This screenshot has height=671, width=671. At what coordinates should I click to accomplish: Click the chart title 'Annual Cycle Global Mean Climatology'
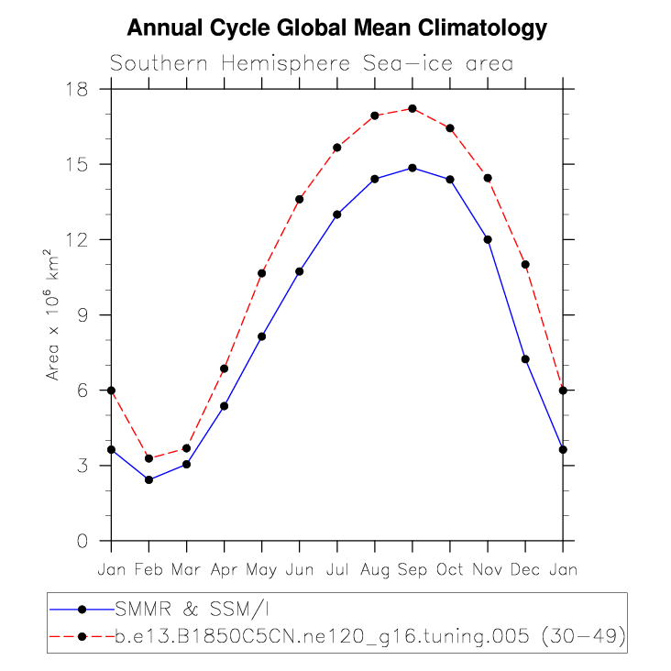[336, 28]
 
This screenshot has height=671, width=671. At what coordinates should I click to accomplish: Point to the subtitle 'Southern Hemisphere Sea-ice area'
[311, 63]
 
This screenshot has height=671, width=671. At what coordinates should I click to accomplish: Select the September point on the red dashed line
[412, 108]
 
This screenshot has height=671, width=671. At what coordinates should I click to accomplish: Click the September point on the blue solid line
[412, 168]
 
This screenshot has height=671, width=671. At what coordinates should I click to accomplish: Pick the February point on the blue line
[148, 479]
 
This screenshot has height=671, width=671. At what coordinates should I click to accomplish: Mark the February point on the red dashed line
[148, 458]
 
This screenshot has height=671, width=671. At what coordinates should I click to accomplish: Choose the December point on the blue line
[525, 358]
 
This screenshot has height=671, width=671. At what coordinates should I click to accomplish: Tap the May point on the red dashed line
[261, 273]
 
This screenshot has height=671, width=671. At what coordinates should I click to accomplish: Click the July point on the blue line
[337, 214]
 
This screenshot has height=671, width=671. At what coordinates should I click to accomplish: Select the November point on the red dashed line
[488, 178]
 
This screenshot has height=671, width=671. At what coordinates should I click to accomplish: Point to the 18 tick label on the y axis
[76, 89]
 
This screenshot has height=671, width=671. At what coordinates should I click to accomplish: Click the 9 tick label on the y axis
[82, 314]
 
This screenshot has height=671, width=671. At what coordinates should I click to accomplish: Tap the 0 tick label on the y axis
[82, 541]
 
